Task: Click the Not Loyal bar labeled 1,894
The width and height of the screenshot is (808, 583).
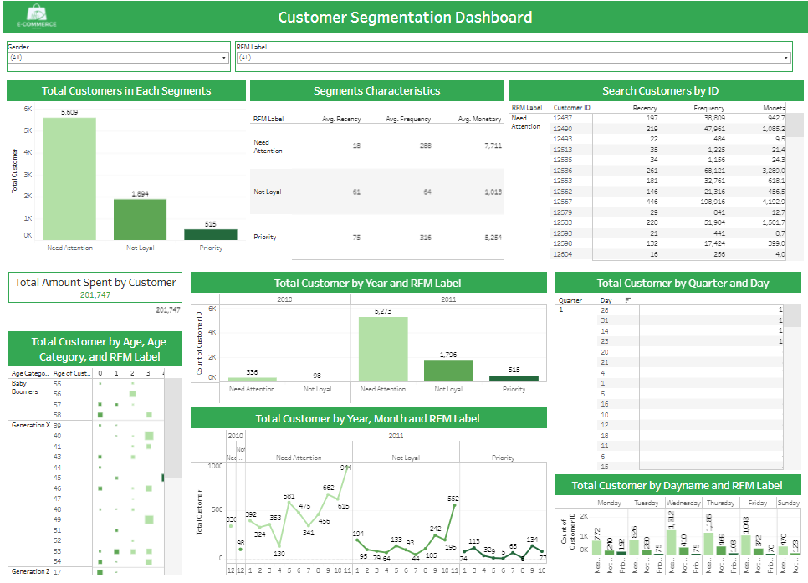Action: point(140,219)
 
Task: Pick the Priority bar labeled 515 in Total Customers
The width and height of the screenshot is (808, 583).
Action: point(210,234)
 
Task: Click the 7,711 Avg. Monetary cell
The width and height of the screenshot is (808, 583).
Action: point(492,146)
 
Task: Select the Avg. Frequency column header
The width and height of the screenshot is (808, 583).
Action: point(409,120)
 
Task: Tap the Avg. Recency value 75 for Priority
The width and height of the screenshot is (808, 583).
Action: point(356,238)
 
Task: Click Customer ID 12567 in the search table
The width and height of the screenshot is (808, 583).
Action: point(563,201)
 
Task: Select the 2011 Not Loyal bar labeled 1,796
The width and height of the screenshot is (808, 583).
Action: point(448,371)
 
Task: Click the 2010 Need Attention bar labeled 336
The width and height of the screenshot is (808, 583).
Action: point(252,379)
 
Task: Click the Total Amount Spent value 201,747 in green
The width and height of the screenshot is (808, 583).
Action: point(95,295)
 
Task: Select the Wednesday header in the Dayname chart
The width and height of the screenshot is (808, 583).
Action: point(683,503)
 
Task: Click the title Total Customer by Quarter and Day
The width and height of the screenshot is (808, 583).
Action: point(678,283)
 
